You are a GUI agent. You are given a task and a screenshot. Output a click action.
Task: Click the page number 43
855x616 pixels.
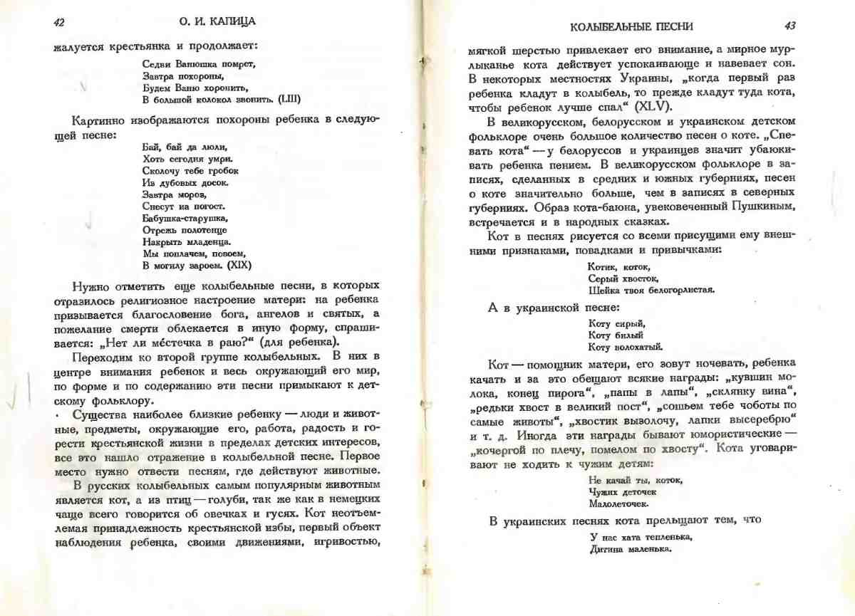pos(789,26)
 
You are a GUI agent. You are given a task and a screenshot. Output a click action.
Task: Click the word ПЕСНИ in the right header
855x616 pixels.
pos(674,26)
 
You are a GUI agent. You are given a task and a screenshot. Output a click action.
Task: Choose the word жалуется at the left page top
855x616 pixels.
pos(77,47)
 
